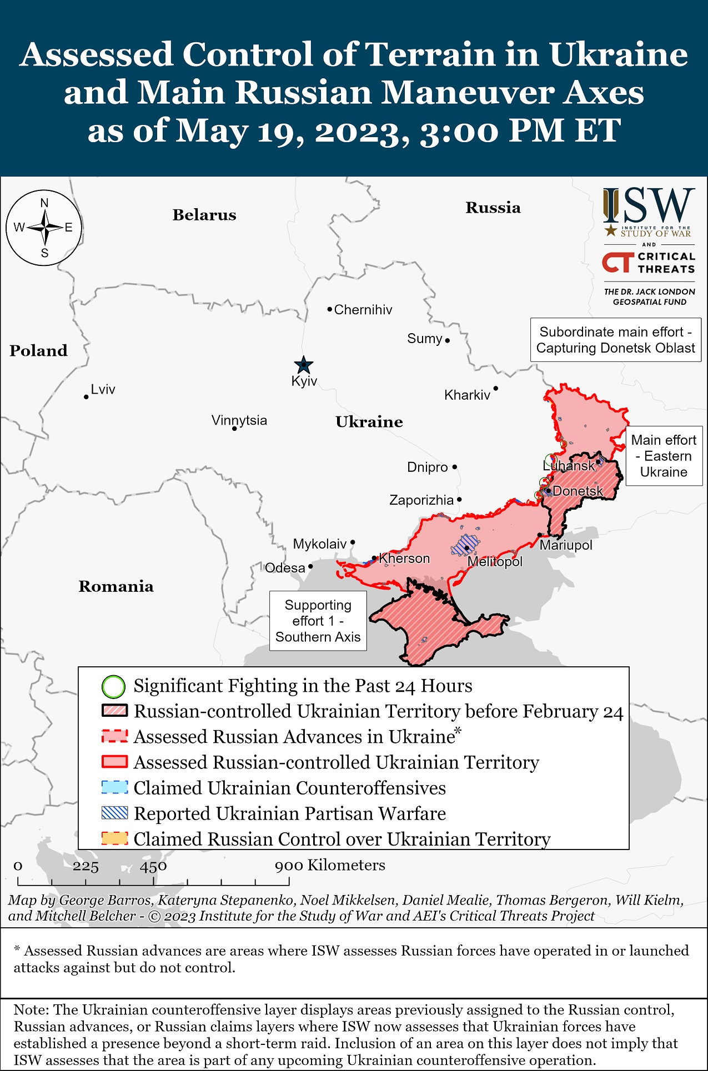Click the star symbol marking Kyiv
[x=303, y=365]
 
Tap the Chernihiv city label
[x=363, y=310]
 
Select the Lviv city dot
[x=87, y=396]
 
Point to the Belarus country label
[x=204, y=215]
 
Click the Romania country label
[x=116, y=586]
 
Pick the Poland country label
[x=38, y=350]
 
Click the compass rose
[x=44, y=228]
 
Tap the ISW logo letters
[x=649, y=205]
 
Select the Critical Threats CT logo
[x=617, y=263]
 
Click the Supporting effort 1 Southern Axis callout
[x=318, y=621]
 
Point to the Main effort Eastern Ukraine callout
[x=664, y=456]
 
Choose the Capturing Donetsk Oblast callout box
[x=615, y=340]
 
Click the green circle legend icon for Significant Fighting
[x=113, y=686]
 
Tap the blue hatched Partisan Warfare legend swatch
[x=115, y=813]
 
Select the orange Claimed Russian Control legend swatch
[x=115, y=838]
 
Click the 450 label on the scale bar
[x=153, y=866]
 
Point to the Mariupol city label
[x=566, y=545]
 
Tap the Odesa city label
[x=285, y=568]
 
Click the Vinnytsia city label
[x=239, y=420]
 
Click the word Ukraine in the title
[x=618, y=54]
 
